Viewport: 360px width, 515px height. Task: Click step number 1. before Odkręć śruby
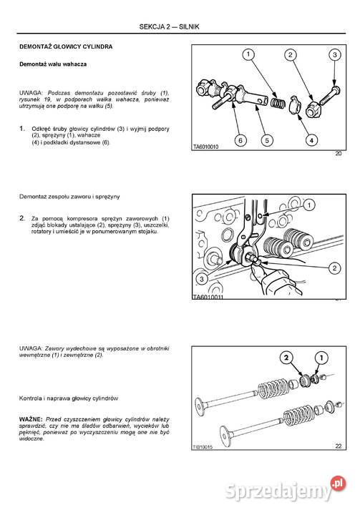pos(23,127)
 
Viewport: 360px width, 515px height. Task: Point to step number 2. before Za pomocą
pos(23,217)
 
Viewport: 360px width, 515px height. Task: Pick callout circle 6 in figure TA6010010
pos(240,140)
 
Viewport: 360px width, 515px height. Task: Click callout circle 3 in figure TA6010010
pos(334,55)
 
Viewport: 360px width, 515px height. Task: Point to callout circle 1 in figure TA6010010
pos(245,55)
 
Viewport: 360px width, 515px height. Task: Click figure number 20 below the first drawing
pos(339,154)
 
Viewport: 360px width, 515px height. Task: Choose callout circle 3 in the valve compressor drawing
pos(203,278)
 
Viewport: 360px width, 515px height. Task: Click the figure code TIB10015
pos(205,446)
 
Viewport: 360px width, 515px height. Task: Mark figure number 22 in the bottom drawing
pos(339,446)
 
